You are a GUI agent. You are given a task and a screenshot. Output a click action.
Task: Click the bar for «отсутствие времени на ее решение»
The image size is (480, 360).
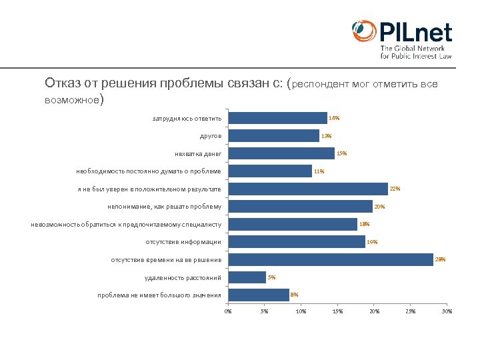(330, 259)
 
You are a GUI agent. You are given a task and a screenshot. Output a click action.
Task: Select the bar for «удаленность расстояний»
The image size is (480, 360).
(247, 277)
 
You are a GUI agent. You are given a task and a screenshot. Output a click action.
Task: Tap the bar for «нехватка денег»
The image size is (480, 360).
(281, 153)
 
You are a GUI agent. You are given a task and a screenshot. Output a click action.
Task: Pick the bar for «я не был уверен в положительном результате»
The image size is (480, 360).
(307, 189)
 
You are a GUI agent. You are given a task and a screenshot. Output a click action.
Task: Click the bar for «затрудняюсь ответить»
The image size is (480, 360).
(277, 118)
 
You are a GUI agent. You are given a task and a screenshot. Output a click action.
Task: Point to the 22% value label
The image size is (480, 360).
(395, 189)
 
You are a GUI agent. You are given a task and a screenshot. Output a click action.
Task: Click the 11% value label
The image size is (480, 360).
(319, 171)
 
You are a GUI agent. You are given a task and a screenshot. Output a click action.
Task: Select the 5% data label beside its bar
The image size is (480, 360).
(271, 277)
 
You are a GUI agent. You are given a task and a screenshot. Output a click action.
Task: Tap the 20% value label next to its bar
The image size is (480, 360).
(380, 207)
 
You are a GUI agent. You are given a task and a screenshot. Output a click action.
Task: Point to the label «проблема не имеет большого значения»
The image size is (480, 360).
(159, 295)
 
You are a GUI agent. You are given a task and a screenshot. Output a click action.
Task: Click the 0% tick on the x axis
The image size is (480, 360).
(228, 311)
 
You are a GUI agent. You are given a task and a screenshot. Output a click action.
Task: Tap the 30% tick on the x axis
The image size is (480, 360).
(447, 311)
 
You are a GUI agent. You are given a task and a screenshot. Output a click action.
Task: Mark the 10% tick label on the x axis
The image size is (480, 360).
(301, 311)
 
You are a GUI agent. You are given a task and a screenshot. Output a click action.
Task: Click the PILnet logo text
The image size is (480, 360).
(415, 32)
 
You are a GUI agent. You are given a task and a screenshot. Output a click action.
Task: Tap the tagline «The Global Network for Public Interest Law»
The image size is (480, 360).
(416, 53)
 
